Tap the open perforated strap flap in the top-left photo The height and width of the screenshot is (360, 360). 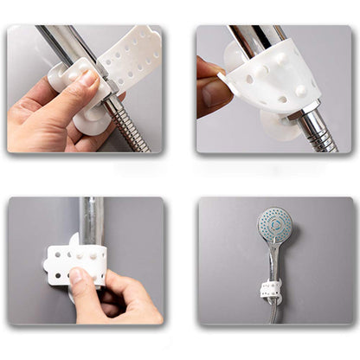coord(131,57)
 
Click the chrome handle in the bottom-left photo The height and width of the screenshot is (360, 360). coord(91,221)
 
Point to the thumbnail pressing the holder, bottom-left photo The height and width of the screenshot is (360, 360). coord(78,275)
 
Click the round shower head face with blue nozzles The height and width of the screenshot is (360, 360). coord(274,227)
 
